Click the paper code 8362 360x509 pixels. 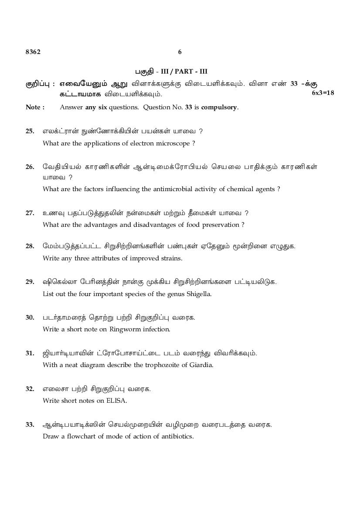(33, 52)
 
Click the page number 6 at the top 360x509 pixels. (180, 52)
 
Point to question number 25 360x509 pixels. (30, 131)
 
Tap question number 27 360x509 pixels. (30, 213)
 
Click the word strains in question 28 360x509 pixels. (171, 258)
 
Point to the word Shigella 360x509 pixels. (199, 294)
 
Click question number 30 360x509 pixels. (30, 317)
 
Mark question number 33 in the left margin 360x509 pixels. (30, 425)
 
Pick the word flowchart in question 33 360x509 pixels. (79, 436)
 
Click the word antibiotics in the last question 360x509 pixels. (177, 436)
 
